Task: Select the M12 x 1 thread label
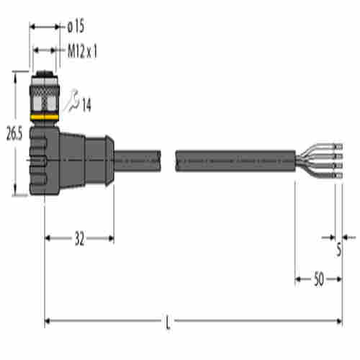(82, 52)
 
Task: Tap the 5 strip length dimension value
(338, 251)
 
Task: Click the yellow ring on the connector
(45, 114)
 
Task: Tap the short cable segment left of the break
(140, 155)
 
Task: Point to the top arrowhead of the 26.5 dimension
(15, 75)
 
